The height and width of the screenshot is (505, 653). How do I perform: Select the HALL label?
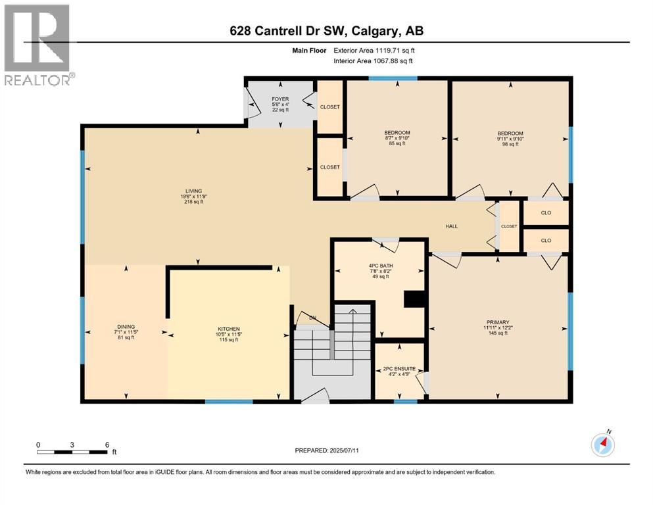tap(452, 226)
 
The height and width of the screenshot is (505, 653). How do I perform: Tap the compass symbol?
tap(602, 445)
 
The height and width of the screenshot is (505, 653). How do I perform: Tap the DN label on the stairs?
tap(312, 319)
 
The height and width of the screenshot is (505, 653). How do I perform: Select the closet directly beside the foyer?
tap(329, 106)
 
